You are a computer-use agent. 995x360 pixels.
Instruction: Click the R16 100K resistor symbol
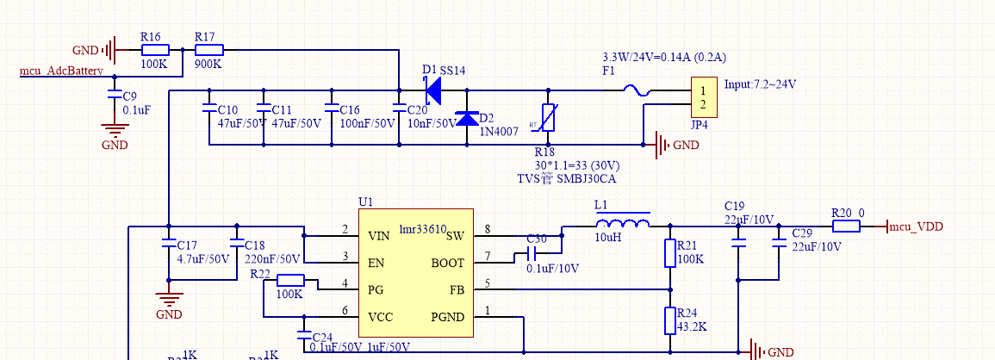pyautogui.click(x=155, y=50)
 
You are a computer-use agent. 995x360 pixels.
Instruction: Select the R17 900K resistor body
pyautogui.click(x=209, y=50)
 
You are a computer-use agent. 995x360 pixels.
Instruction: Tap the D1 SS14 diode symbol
pyautogui.click(x=432, y=89)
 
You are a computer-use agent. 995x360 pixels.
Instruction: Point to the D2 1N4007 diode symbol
pyautogui.click(x=467, y=119)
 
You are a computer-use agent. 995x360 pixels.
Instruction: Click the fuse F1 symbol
pyautogui.click(x=637, y=90)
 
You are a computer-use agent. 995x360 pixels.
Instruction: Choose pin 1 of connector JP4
pyautogui.click(x=704, y=90)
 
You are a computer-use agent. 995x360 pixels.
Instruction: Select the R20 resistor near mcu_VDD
pyautogui.click(x=846, y=227)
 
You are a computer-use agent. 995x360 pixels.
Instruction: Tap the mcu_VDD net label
pyautogui.click(x=916, y=227)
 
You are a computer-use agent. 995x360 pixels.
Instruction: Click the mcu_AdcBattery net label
pyautogui.click(x=62, y=71)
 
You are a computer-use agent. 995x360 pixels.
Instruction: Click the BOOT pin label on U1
pyautogui.click(x=447, y=264)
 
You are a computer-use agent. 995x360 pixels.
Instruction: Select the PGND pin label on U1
pyautogui.click(x=447, y=317)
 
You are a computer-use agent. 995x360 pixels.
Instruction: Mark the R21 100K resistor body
pyautogui.click(x=670, y=253)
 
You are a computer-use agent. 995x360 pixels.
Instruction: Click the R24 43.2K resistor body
pyautogui.click(x=670, y=320)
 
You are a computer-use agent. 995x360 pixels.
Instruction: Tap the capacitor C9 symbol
pyautogui.click(x=114, y=96)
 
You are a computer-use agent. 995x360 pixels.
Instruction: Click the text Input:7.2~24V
pyautogui.click(x=761, y=84)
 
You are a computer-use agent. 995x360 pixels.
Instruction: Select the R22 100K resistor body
pyautogui.click(x=290, y=279)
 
